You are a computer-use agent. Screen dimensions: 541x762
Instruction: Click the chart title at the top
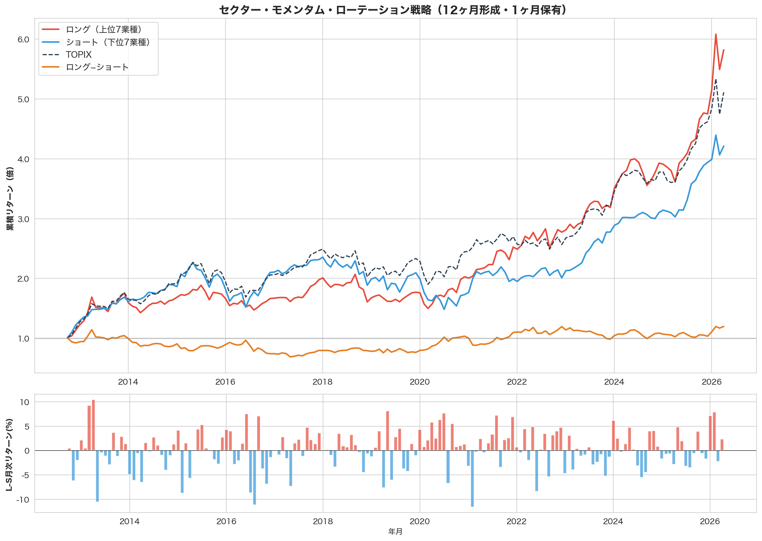click(393, 10)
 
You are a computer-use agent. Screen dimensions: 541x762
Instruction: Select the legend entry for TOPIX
click(79, 55)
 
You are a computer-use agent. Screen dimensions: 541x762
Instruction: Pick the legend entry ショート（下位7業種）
click(108, 42)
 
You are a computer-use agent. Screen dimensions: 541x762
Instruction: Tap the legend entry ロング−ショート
click(97, 67)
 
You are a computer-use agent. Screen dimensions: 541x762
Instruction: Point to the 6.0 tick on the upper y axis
click(23, 39)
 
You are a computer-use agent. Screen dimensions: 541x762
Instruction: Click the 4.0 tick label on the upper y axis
click(23, 159)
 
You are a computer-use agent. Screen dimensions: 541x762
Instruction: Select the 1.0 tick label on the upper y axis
click(23, 339)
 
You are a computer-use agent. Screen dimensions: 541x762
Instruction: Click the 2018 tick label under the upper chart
click(322, 382)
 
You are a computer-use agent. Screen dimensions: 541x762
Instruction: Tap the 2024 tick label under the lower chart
click(613, 521)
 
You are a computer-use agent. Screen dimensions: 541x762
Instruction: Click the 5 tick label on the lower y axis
click(27, 427)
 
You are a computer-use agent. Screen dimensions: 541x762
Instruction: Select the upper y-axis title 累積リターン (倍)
click(10, 198)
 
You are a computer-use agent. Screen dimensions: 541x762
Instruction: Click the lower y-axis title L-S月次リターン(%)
click(10, 454)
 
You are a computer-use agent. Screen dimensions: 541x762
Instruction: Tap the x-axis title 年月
click(395, 532)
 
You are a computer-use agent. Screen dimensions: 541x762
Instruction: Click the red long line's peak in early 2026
click(716, 34)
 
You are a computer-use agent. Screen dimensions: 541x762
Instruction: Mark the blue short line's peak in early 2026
click(716, 135)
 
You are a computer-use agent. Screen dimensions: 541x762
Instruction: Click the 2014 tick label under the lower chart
click(129, 521)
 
